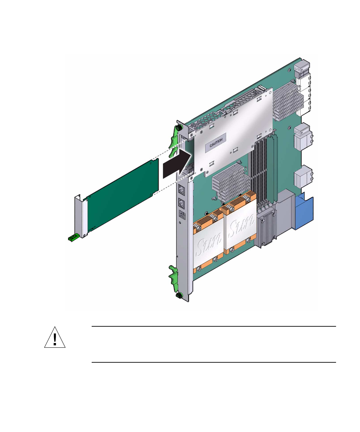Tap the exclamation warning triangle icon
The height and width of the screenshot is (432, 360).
(x=55, y=337)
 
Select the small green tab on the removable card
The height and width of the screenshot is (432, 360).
(x=73, y=238)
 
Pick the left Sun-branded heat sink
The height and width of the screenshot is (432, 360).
(x=208, y=242)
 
